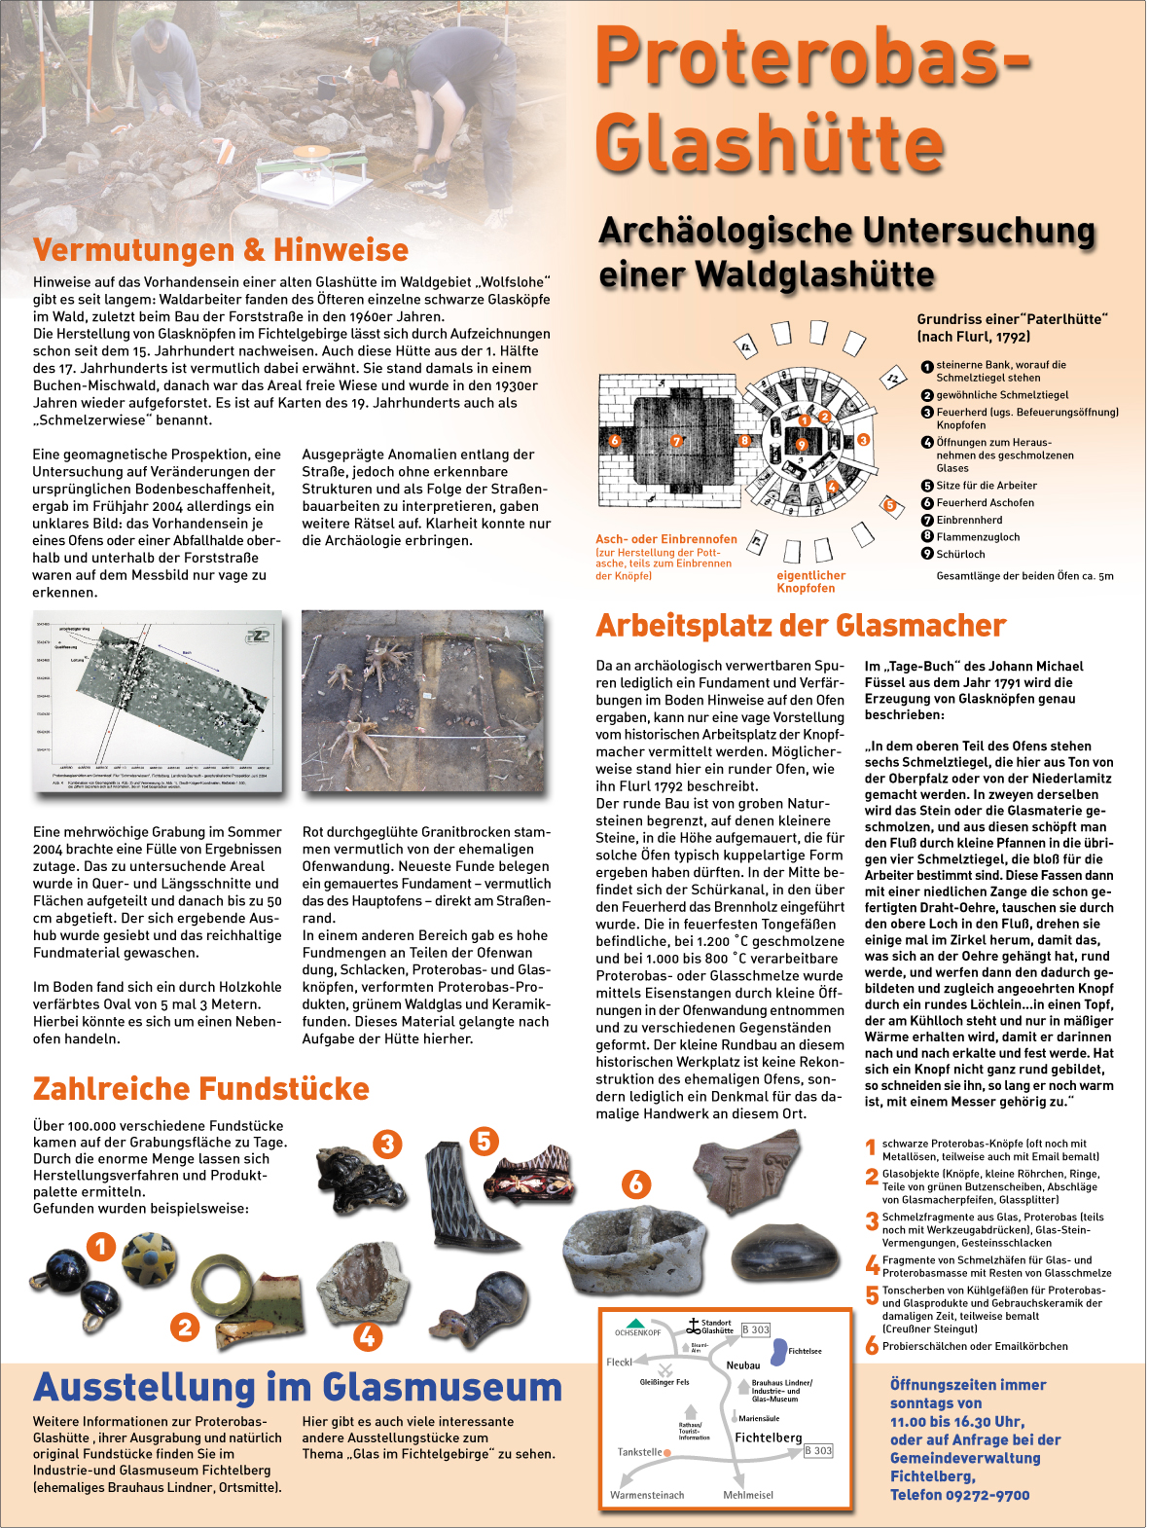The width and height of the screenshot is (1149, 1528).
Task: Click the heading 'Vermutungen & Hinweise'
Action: pos(221,250)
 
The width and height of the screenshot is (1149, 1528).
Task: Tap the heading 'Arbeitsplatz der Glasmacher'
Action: pos(801,626)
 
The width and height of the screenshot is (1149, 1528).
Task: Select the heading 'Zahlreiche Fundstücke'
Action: pos(201,1088)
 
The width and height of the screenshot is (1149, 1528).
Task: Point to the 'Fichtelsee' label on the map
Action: pos(805,1351)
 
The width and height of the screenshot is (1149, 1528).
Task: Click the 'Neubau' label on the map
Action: pos(743,1365)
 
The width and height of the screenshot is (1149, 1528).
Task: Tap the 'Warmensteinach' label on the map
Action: pos(647,1495)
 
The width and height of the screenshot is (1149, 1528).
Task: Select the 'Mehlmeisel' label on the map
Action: pos(748,1495)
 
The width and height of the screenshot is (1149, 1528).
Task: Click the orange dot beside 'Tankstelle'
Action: pos(667,1452)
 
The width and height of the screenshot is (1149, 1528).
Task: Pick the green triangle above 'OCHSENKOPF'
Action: pos(635,1324)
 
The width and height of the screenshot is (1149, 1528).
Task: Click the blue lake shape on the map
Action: pos(778,1351)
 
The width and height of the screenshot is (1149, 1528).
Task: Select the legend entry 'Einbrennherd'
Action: pos(969,520)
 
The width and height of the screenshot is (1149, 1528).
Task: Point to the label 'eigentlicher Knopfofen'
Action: pos(810,581)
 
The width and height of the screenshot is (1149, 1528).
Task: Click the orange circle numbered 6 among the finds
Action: pos(636,1183)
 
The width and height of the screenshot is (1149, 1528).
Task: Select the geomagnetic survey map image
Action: pos(158,702)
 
